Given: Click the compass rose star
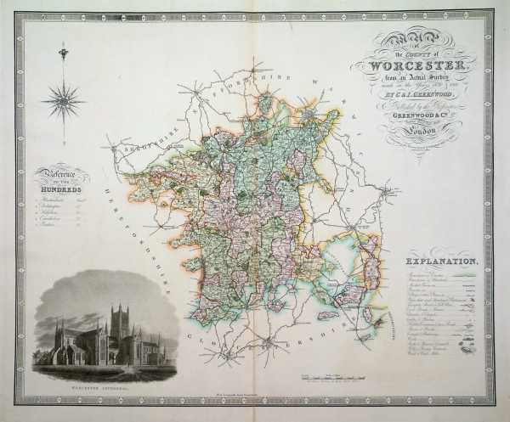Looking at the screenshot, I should click(64, 102).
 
